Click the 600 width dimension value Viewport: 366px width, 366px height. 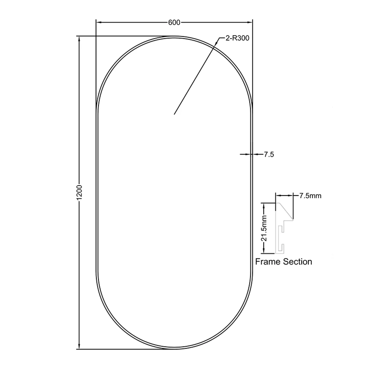coord(174,22)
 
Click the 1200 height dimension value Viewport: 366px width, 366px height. coord(80,193)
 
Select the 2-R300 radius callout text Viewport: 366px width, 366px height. coord(237,38)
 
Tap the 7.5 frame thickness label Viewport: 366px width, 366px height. coord(269,155)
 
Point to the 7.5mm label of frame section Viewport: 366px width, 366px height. coord(310,196)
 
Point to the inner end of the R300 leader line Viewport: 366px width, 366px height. coord(174,114)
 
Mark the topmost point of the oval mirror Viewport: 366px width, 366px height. coord(174,36)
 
